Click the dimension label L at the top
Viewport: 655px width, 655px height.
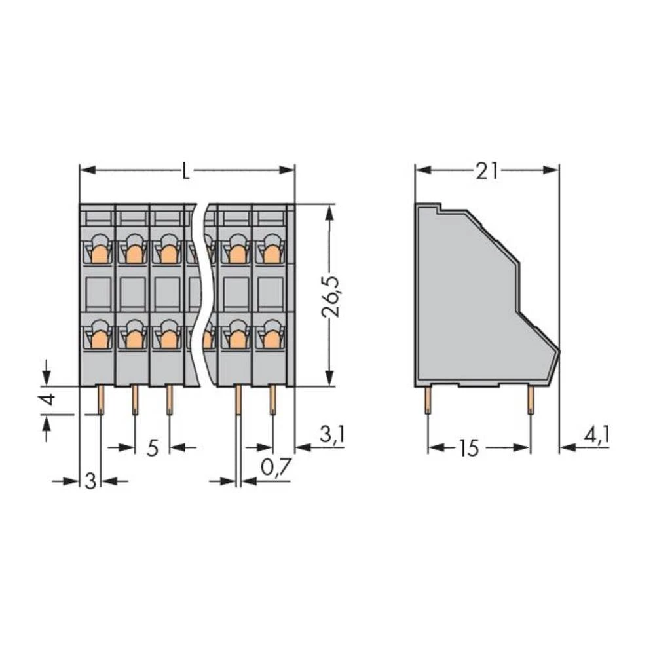pos(187,172)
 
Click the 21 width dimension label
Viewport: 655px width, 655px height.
pos(487,172)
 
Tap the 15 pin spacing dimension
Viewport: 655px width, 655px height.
pos(469,449)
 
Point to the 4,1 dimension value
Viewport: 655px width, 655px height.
pos(596,436)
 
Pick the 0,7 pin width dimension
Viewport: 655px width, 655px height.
pos(276,468)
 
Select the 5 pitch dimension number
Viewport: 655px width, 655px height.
pos(152,449)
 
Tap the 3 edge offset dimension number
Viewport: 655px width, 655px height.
pos(91,481)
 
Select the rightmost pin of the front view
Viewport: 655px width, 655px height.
pos(272,400)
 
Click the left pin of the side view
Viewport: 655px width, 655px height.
pos(428,400)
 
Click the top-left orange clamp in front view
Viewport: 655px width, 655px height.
pos(100,253)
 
